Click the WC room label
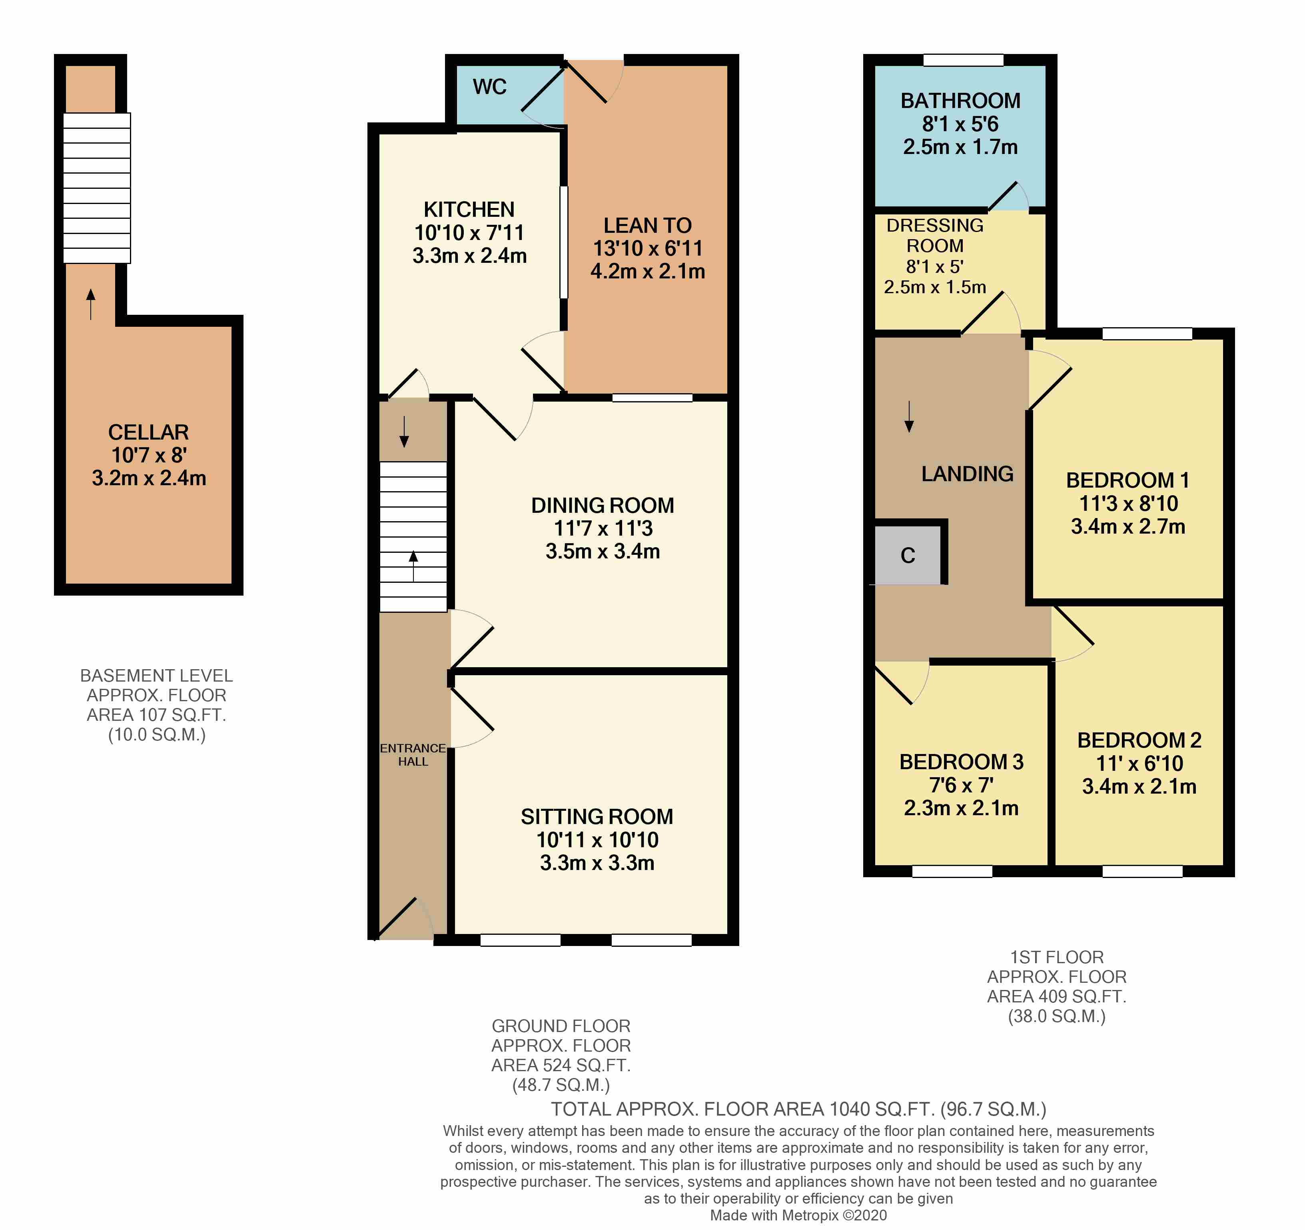tap(489, 87)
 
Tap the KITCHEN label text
tap(469, 210)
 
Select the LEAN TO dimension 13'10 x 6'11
tap(647, 248)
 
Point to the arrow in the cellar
tap(91, 303)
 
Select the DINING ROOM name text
tap(602, 505)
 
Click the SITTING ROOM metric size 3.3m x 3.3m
tap(597, 862)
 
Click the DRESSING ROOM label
tap(935, 235)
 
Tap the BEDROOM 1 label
tap(1127, 480)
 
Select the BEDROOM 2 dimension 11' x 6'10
tap(1139, 763)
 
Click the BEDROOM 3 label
tap(961, 762)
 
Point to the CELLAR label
tap(148, 432)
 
